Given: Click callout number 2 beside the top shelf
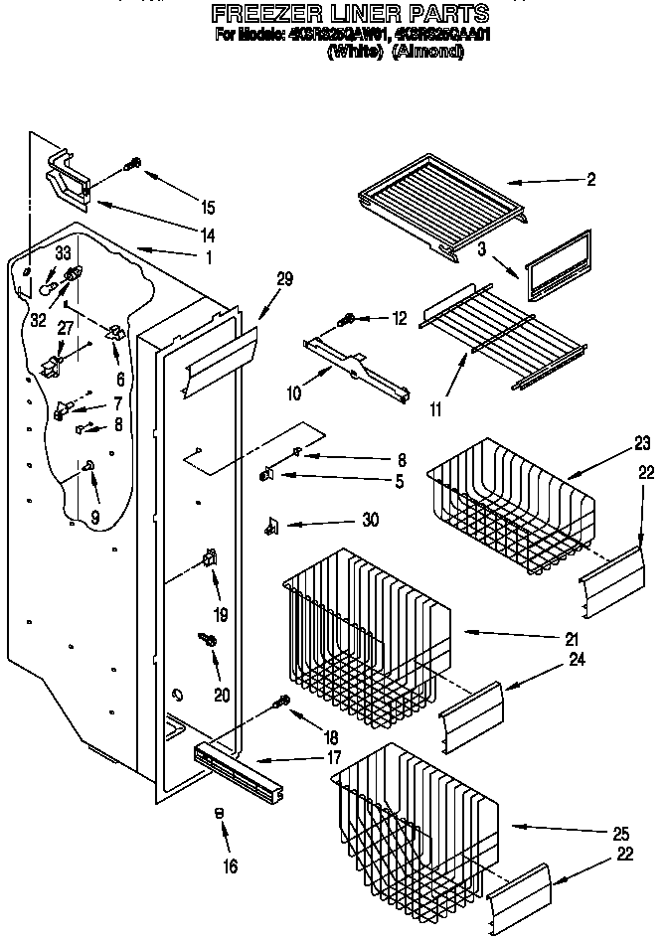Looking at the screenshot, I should tap(590, 179).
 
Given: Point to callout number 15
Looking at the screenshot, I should tap(207, 208).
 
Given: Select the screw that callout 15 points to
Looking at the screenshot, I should tap(133, 166).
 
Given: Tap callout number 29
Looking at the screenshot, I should tap(284, 279).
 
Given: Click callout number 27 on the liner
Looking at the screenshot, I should tap(66, 327).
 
